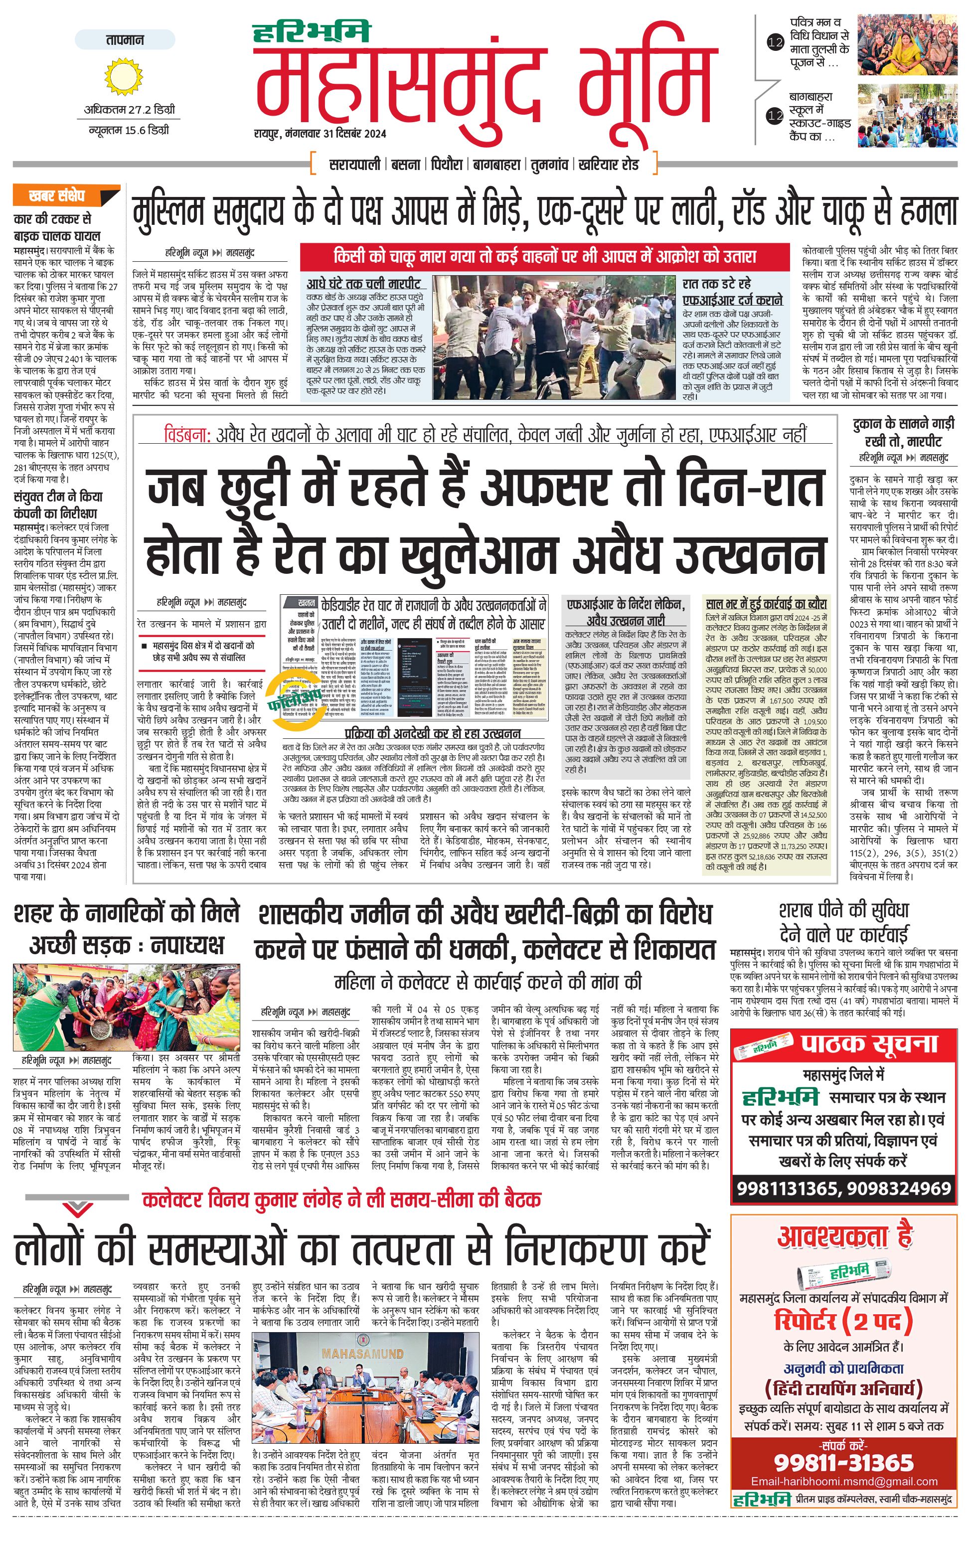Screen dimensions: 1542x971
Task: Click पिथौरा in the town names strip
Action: (x=446, y=164)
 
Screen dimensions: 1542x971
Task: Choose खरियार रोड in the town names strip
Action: (x=608, y=164)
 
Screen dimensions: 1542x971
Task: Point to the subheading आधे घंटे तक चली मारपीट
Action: (x=363, y=283)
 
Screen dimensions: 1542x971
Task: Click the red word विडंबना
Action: (x=186, y=435)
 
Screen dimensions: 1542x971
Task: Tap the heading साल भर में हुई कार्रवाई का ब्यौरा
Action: (x=766, y=604)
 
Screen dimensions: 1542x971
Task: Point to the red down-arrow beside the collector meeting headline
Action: (x=77, y=1206)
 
